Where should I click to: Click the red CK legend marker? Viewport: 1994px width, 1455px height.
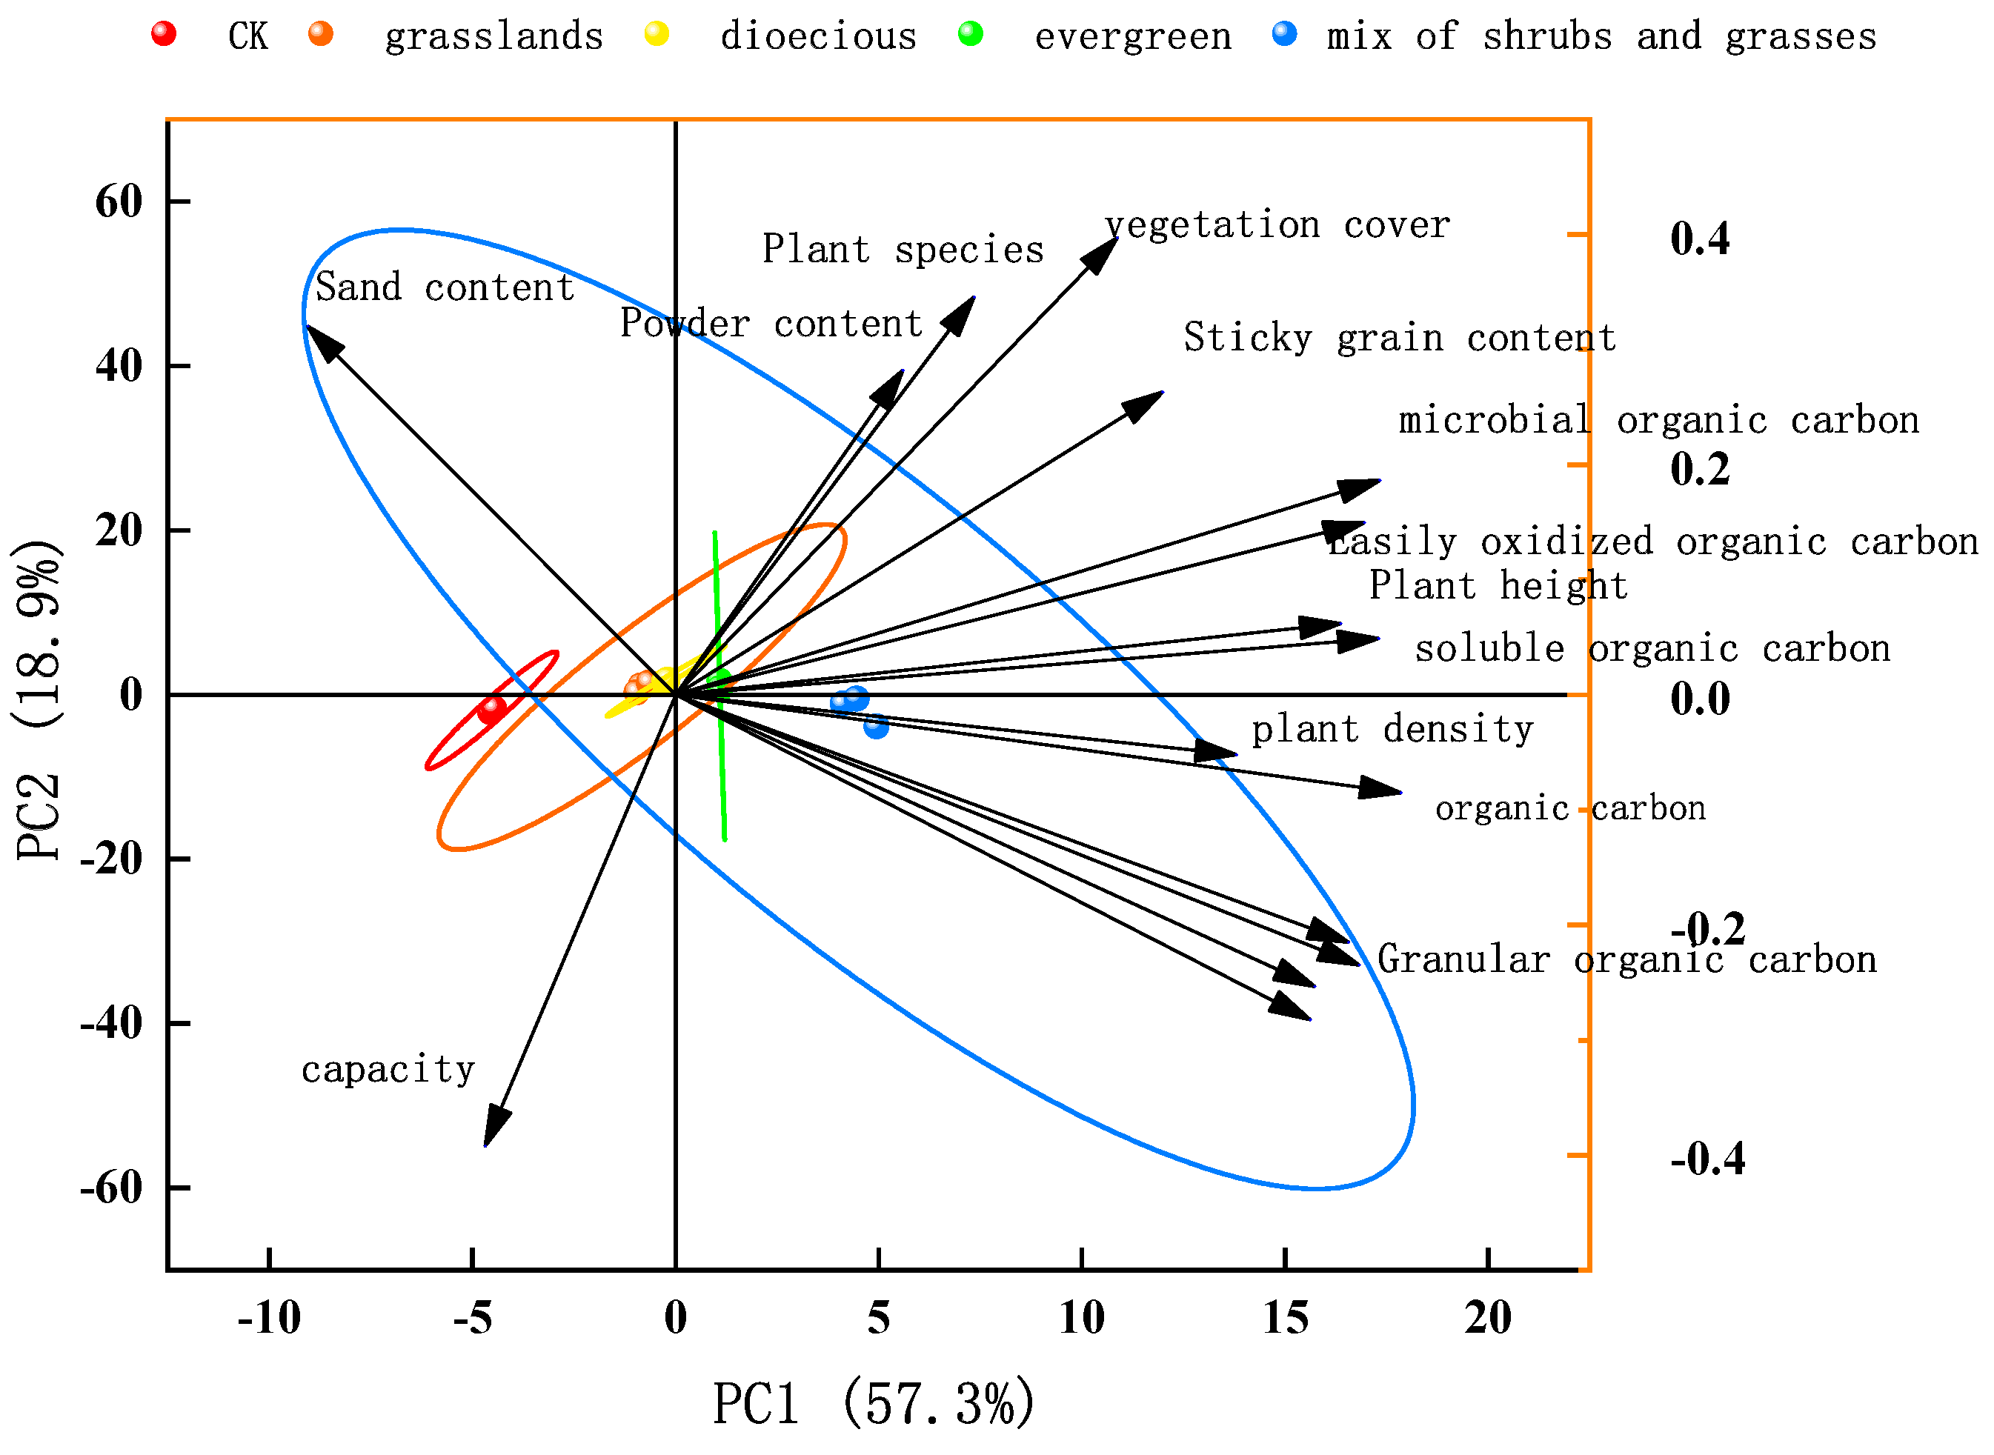click(164, 34)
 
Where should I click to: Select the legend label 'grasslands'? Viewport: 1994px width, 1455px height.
click(494, 37)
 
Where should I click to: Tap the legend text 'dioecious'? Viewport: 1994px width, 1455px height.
click(818, 37)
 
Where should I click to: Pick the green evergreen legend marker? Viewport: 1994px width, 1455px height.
click(970, 34)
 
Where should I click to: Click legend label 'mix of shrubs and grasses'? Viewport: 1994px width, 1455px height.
click(1601, 37)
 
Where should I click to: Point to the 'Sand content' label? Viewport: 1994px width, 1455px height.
click(445, 287)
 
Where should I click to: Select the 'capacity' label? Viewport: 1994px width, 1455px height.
click(388, 1069)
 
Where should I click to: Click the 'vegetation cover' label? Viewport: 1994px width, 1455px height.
click(1277, 225)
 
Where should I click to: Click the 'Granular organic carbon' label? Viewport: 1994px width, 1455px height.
click(1626, 959)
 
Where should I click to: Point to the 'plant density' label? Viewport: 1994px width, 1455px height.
click(1392, 729)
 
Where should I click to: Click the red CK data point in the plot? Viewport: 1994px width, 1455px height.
click(491, 709)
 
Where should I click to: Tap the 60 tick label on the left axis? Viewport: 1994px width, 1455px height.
click(119, 202)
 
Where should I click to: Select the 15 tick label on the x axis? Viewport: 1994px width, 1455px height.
click(1285, 1318)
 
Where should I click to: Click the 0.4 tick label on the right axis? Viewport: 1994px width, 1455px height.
click(1699, 239)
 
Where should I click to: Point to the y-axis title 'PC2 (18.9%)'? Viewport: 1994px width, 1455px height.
click(37, 700)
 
